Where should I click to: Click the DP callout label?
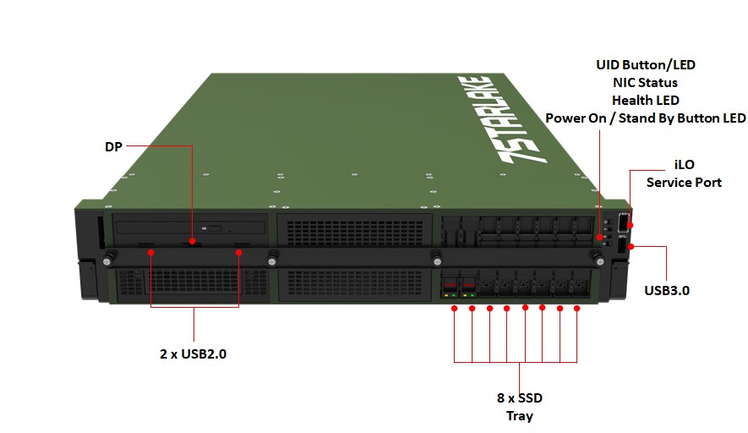(113, 146)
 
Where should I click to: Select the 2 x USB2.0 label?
(194, 354)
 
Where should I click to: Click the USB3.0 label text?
(667, 290)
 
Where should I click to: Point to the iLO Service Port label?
(684, 173)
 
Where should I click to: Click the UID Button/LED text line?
(646, 64)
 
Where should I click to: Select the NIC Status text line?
(646, 82)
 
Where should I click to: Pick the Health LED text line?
(646, 100)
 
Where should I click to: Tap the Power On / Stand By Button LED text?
(646, 118)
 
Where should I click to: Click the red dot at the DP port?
(193, 243)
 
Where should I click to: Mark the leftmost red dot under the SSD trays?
(455, 309)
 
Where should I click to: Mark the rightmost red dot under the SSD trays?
(577, 309)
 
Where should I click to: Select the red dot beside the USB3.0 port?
(630, 246)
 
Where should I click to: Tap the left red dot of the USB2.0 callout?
(150, 251)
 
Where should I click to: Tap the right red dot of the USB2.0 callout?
(239, 251)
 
